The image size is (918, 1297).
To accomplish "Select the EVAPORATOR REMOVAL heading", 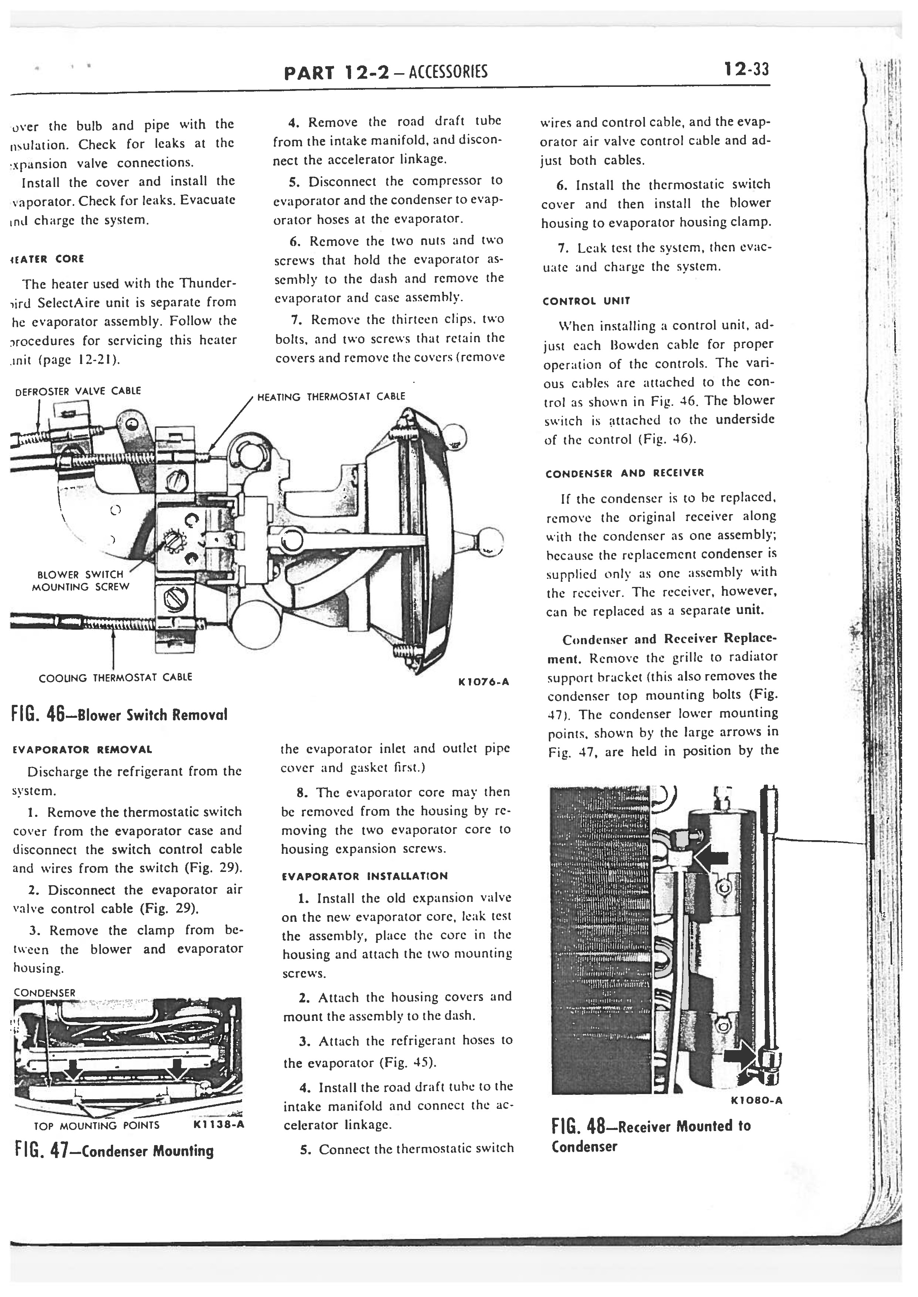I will [x=82, y=750].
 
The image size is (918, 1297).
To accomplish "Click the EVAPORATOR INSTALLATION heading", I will [x=365, y=876].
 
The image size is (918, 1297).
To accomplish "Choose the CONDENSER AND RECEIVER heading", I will [x=625, y=473].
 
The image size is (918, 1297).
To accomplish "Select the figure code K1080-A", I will [x=756, y=1100].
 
